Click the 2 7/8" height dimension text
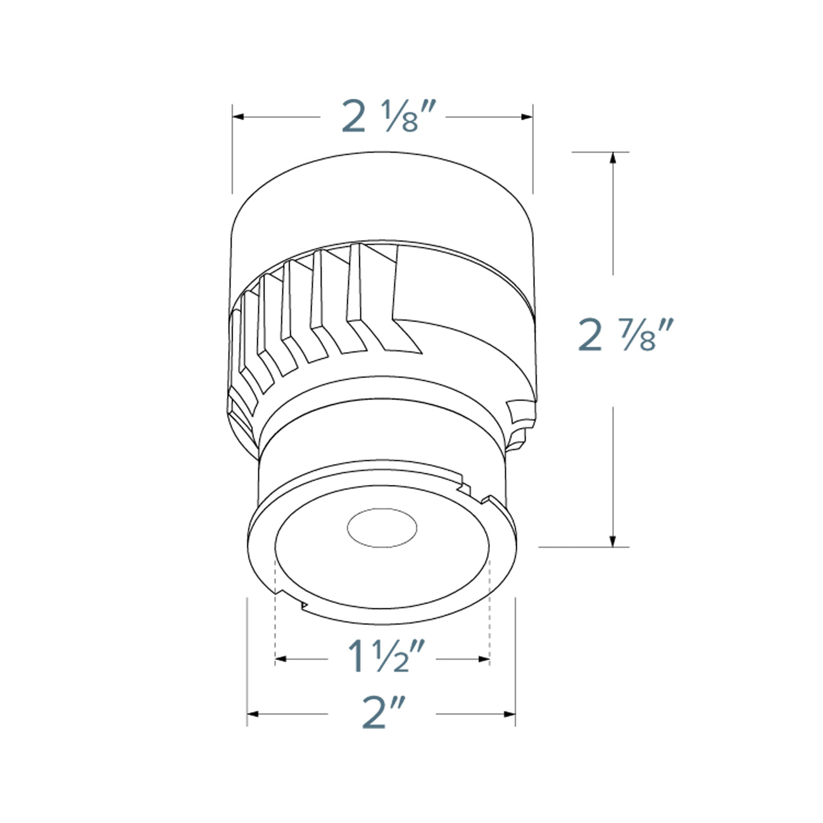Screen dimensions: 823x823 [624, 336]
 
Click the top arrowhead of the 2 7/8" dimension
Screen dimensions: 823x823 [612, 158]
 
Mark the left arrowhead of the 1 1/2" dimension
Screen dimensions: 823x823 [280, 660]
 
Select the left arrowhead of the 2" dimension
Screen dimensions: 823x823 [252, 714]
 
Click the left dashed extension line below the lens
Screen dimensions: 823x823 [275, 608]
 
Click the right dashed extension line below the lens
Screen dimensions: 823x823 [491, 608]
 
